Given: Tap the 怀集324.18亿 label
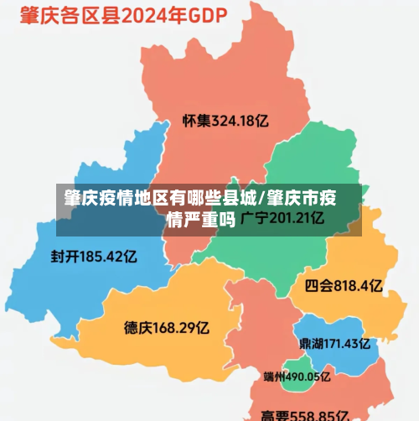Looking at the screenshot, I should (x=225, y=120).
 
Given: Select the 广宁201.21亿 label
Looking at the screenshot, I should (x=282, y=219).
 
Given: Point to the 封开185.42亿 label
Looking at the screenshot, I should (x=93, y=256).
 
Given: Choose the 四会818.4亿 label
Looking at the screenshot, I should (x=344, y=286).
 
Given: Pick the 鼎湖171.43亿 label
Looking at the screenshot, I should (x=334, y=343).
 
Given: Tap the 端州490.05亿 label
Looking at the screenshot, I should (x=296, y=377).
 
